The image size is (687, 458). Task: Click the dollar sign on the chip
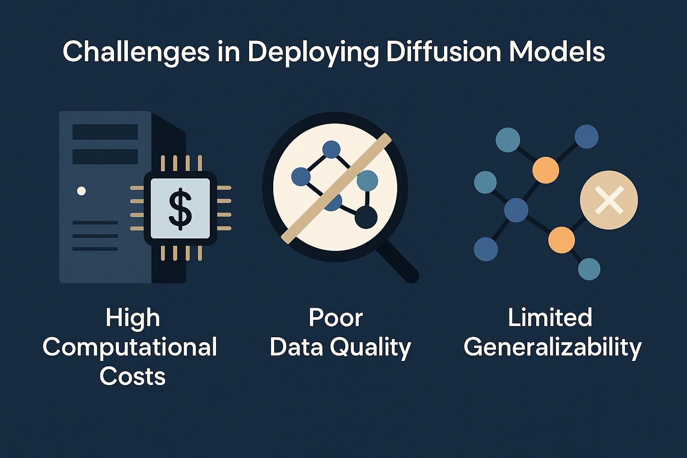pos(180,209)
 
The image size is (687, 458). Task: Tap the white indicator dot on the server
pos(81,191)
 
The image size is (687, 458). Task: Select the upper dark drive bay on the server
pos(105,132)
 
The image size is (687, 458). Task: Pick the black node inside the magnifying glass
pos(366,217)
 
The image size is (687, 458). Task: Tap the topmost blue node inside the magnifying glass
pos(331,149)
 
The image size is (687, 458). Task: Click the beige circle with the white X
pos(609,200)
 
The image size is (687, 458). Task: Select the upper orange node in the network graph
pos(546,170)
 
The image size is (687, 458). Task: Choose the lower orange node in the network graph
pos(561,240)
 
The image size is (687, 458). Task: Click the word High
pos(133,318)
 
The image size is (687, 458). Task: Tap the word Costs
pos(132,376)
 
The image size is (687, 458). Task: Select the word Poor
pos(335,318)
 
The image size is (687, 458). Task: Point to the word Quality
pos(370,348)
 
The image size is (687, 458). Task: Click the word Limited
pos(550,318)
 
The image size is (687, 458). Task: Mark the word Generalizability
pos(552,348)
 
